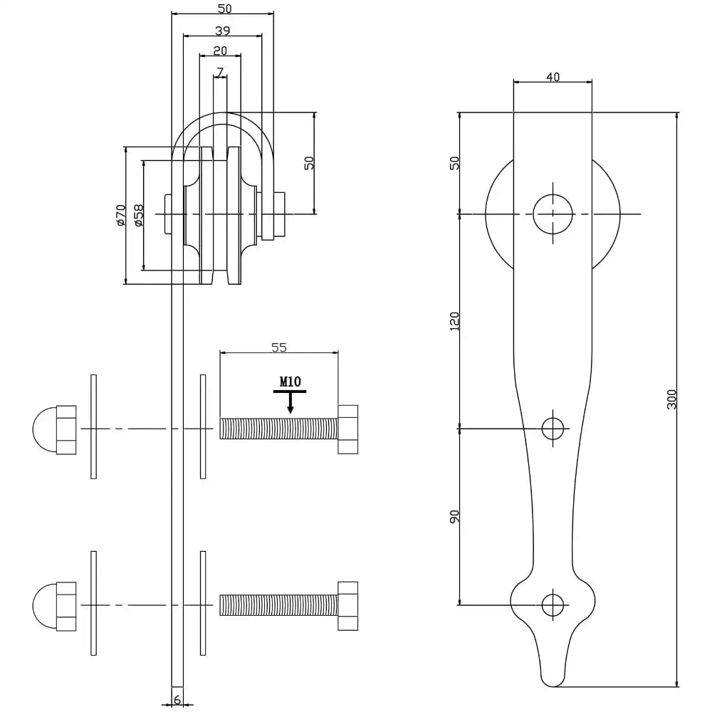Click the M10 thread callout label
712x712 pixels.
pyautogui.click(x=289, y=382)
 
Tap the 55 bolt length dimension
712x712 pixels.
pyautogui.click(x=279, y=347)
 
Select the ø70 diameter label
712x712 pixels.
pyautogui.click(x=120, y=215)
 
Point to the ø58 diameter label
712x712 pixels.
pyautogui.click(x=138, y=215)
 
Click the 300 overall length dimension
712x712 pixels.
pyautogui.click(x=671, y=399)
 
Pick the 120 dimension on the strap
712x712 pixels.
pyautogui.click(x=455, y=320)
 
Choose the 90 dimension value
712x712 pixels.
pyautogui.click(x=455, y=516)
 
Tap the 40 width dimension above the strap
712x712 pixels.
pyautogui.click(x=553, y=77)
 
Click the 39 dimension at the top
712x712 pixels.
pyautogui.click(x=222, y=31)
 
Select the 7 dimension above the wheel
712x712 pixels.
pyautogui.click(x=220, y=72)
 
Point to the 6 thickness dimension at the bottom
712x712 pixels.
pyautogui.click(x=177, y=701)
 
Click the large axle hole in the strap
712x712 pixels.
pyautogui.click(x=553, y=214)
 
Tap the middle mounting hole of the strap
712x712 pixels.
pyautogui.click(x=553, y=428)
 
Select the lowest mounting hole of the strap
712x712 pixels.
pyautogui.click(x=553, y=604)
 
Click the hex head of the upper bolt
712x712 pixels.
pyautogui.click(x=347, y=429)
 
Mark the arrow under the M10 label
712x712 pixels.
pyautogui.click(x=290, y=405)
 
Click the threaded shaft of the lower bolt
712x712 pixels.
pyautogui.click(x=278, y=605)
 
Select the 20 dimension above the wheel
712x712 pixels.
pyautogui.click(x=220, y=51)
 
